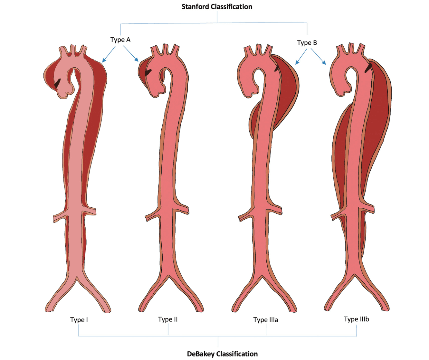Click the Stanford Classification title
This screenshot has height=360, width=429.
[217, 7]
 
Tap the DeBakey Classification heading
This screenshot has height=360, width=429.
[222, 354]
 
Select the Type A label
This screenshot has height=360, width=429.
[120, 40]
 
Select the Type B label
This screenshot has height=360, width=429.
[307, 43]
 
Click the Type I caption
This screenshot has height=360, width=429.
[79, 320]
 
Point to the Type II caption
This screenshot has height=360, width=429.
[168, 319]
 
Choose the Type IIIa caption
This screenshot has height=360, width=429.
[265, 320]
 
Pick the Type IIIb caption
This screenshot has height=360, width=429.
[356, 319]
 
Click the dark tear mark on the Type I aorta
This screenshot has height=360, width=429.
[57, 83]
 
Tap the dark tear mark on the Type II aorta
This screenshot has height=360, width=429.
[148, 73]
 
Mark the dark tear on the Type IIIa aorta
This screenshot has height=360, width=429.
[276, 68]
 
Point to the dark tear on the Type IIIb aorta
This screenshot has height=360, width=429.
[368, 68]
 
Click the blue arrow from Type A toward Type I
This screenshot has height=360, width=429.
[109, 54]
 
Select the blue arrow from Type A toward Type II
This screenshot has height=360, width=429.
[131, 54]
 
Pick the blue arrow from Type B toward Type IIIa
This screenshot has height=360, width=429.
[301, 57]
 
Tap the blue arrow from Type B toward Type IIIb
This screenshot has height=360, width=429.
[318, 57]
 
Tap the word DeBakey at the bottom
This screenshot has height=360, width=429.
[200, 354]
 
